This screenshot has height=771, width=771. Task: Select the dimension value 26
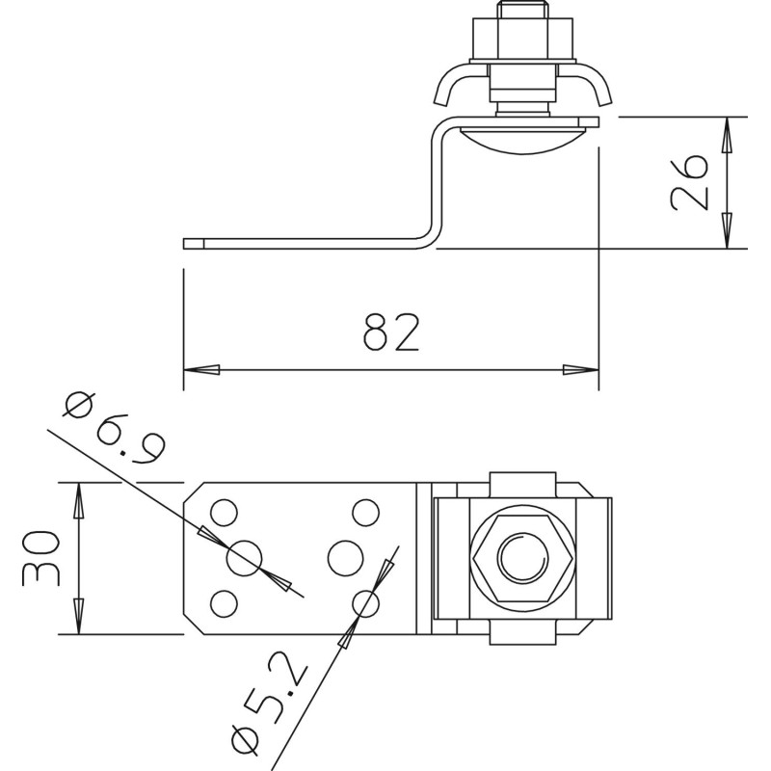coord(689,183)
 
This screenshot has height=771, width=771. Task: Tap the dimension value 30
coord(41,558)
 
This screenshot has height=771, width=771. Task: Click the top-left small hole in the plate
coord(224,513)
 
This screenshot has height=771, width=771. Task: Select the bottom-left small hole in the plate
coord(224,603)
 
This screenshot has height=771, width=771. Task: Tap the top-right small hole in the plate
coord(366,513)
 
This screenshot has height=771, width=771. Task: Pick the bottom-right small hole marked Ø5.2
coord(366,603)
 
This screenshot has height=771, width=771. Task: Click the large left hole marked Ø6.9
coord(244,558)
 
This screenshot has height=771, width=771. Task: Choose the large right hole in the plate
coord(346,558)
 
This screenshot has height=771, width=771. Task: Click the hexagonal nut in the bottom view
coord(522,559)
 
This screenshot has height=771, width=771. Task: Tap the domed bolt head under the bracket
coord(522,140)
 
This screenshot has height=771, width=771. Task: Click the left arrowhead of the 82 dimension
coord(201,370)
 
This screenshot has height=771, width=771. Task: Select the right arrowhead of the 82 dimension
coord(581,370)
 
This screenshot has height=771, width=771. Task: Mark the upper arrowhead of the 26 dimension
coord(728,135)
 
